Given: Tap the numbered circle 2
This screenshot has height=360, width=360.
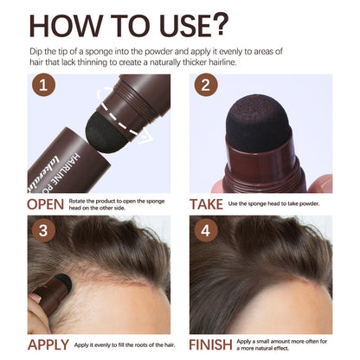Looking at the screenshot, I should click(x=206, y=86).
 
